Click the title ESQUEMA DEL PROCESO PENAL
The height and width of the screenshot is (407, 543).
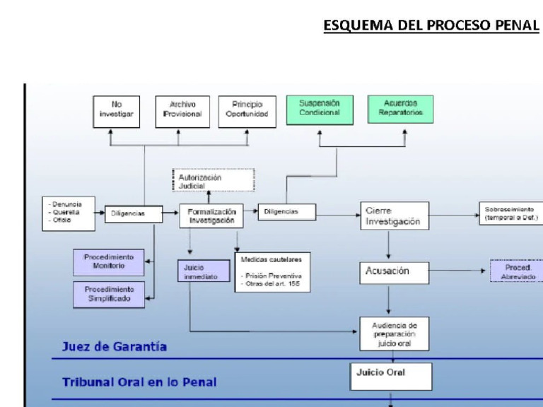(431, 26)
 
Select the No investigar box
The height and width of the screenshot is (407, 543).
(116, 112)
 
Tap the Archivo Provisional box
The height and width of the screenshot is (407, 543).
(182, 112)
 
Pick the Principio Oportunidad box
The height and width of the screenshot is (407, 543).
(247, 112)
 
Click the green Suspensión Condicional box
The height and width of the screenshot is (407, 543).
(319, 110)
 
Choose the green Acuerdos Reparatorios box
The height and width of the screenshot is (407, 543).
(400, 110)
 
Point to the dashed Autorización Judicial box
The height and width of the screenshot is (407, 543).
(213, 180)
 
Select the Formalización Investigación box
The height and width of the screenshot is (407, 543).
(211, 216)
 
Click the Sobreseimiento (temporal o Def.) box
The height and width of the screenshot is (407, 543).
(510, 214)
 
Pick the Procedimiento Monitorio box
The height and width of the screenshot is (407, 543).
(108, 261)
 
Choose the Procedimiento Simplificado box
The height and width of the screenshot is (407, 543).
(108, 294)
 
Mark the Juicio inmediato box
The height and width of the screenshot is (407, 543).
(204, 272)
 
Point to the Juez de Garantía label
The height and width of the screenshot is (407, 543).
(115, 347)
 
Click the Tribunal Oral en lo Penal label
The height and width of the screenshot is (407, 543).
(139, 382)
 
